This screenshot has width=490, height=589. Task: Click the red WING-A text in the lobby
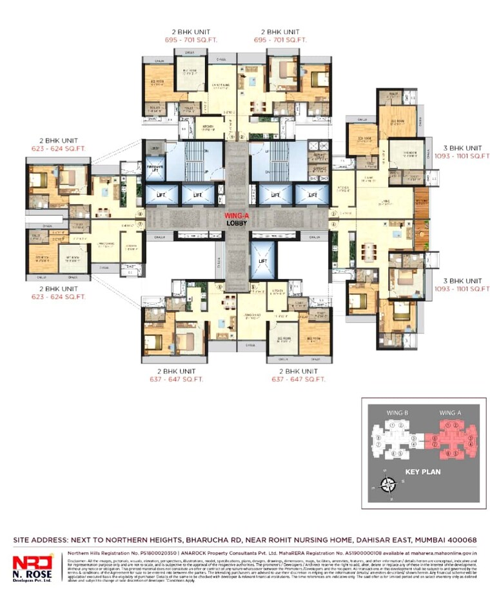pos(237,216)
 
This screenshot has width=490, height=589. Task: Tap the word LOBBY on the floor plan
pos(237,223)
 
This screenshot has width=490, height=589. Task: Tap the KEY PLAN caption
pos(423,472)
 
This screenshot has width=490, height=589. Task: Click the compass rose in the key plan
pos(387,484)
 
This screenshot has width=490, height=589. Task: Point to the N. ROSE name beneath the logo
pos(31,574)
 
